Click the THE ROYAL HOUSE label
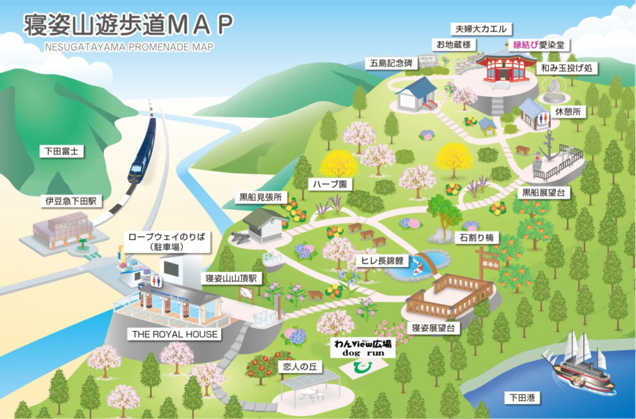[175, 334]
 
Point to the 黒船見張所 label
[261, 198]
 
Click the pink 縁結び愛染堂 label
[538, 45]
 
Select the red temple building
[505, 67]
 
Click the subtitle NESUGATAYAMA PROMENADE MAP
[129, 47]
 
